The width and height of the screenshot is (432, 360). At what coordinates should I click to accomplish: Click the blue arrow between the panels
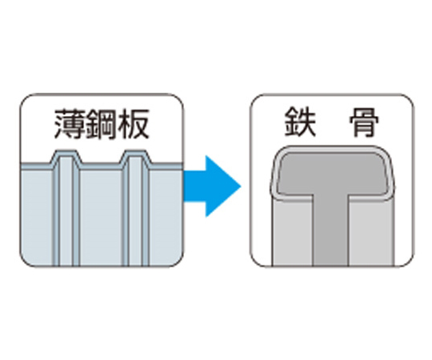(x=212, y=186)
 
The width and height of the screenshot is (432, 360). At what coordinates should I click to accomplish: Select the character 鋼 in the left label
(x=102, y=124)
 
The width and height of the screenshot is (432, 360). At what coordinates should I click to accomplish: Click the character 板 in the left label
(x=134, y=124)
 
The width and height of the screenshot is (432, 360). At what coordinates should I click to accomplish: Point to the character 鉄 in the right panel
(x=300, y=122)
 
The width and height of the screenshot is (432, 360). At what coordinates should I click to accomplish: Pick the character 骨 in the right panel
(x=364, y=122)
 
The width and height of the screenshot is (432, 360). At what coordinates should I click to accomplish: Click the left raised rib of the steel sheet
(x=66, y=210)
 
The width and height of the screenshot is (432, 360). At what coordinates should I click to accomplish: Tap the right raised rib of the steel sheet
(x=135, y=210)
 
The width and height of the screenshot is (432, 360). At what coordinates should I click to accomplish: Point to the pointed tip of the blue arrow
(x=241, y=186)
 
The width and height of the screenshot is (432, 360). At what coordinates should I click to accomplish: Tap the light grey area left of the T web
(x=293, y=232)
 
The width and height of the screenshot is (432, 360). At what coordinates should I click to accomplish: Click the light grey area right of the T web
(x=370, y=232)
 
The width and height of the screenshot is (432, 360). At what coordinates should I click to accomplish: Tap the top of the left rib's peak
(x=66, y=151)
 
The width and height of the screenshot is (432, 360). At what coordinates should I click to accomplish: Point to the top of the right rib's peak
(x=135, y=151)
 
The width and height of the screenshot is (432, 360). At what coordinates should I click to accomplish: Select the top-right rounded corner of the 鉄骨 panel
(x=408, y=99)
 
